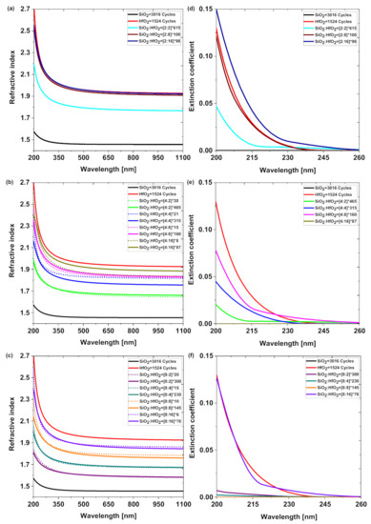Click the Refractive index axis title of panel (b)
pyautogui.click(x=8, y=252)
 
